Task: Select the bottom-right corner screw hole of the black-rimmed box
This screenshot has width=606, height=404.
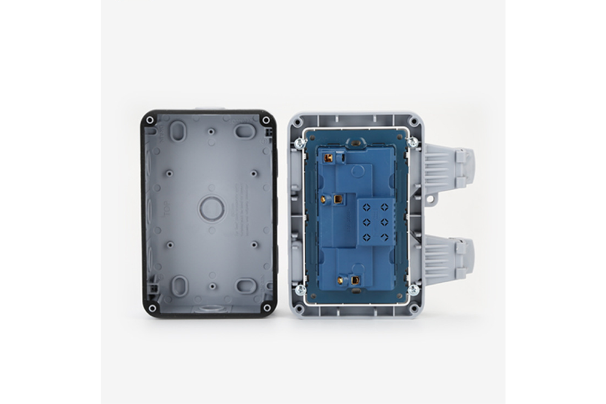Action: click(x=265, y=308)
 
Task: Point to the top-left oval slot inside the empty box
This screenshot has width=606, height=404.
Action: click(x=178, y=131)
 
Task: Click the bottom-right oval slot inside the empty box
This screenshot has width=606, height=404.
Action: click(x=245, y=286)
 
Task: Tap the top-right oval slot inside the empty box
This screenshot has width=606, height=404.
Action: click(x=245, y=131)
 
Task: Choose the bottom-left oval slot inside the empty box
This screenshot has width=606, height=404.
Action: click(x=179, y=286)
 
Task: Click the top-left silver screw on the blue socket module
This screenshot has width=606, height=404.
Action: click(x=299, y=142)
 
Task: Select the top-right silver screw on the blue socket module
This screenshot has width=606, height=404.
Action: click(x=412, y=142)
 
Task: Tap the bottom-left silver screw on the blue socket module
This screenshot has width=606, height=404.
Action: click(x=299, y=290)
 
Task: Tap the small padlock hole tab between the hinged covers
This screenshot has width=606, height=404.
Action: click(x=431, y=198)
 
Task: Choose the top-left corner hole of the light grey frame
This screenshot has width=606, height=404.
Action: click(x=296, y=122)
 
